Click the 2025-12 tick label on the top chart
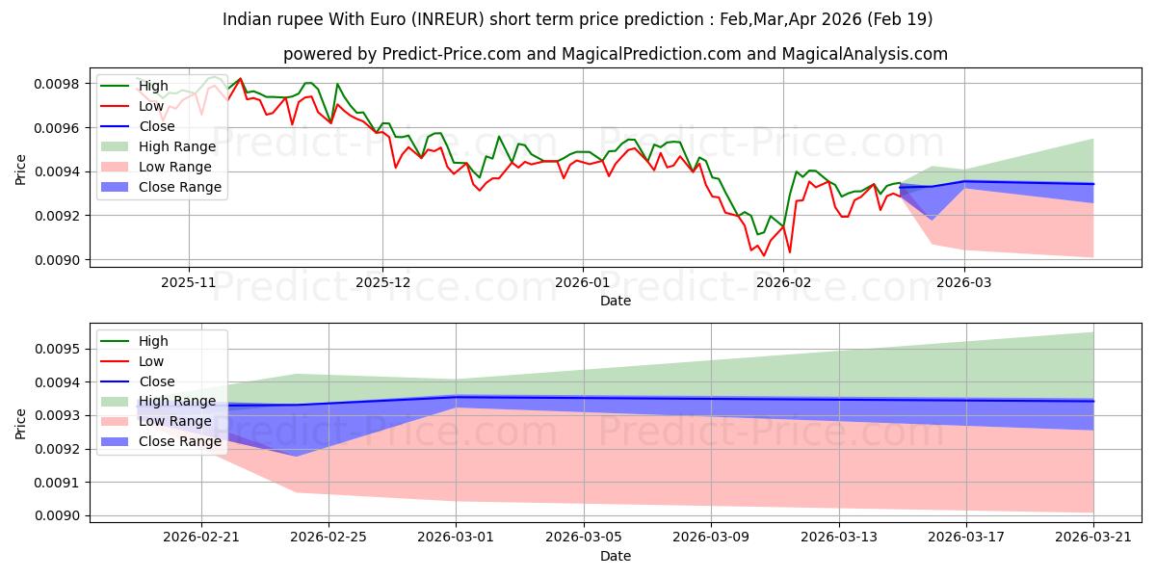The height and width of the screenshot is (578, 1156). coord(383,282)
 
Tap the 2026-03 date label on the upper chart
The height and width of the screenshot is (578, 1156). coord(964,282)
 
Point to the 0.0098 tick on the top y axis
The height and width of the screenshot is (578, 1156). coord(57,84)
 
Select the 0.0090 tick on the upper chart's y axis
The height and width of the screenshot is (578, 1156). coord(57,260)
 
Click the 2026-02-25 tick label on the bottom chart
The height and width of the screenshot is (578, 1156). coord(328,537)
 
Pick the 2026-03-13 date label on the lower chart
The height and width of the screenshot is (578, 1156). coord(839,537)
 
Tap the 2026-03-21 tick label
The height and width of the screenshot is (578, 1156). coord(1093,537)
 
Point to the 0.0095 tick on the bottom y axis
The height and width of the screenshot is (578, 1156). coord(57,349)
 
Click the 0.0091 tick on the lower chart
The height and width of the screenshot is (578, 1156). coord(57,483)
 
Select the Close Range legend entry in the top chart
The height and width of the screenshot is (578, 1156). coord(161,187)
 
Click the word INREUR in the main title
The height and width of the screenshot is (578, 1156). coord(448,19)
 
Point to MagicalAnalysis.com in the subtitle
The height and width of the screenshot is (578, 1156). coord(864,54)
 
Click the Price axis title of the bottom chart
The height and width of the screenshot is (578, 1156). coord(20,424)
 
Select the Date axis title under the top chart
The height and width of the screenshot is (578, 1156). coord(616,301)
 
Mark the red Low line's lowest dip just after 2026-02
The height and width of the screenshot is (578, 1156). coord(790,251)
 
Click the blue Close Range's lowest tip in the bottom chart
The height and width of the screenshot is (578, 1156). coord(297,456)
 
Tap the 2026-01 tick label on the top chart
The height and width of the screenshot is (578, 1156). coord(583,282)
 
